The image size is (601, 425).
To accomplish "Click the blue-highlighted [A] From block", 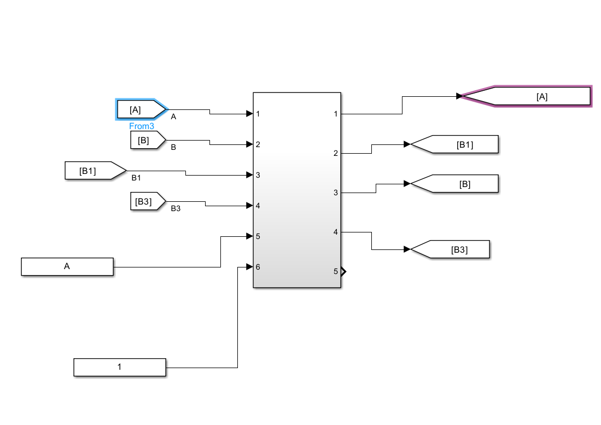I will point(140,109).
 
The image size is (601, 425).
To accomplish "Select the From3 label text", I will point(142,126).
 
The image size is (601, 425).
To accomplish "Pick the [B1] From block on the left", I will point(94,171).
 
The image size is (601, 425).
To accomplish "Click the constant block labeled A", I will point(67,267).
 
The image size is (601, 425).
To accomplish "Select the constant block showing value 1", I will point(120,367).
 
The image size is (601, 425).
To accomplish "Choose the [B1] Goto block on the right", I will point(457,144).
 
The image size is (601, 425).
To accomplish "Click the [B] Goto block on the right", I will point(457,184).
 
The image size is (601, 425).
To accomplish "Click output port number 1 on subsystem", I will point(336,114).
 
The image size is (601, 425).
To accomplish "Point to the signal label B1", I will point(136,178).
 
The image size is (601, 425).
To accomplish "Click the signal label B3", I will point(176,208).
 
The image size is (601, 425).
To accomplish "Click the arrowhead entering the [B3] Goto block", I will point(407,249).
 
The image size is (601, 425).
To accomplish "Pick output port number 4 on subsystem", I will point(336,232).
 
